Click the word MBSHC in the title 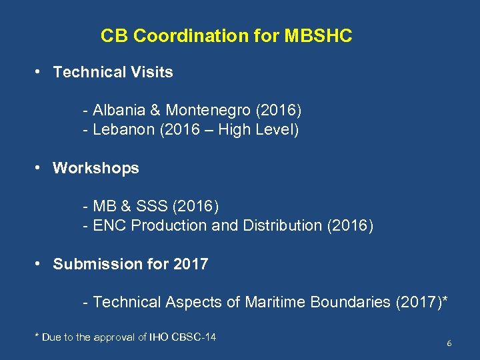pyautogui.click(x=318, y=36)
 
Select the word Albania pyautogui.click(x=118, y=109)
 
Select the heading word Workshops pyautogui.click(x=96, y=168)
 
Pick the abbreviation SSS pyautogui.click(x=152, y=205)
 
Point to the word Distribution pyautogui.click(x=282, y=225)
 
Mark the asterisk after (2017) pyautogui.click(x=444, y=300)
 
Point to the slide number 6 pyautogui.click(x=449, y=343)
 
